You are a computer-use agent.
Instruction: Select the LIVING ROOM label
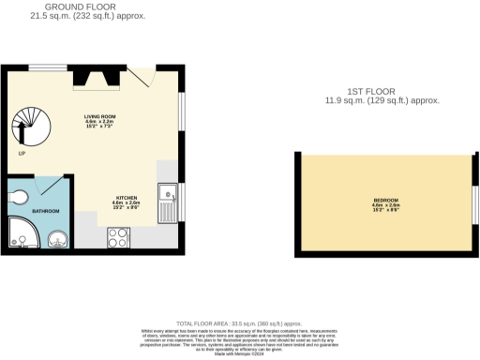point(98,116)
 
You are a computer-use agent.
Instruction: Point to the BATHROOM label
point(45,212)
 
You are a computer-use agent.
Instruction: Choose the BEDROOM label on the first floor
point(385,200)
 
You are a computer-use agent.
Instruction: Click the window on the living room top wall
point(46,66)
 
